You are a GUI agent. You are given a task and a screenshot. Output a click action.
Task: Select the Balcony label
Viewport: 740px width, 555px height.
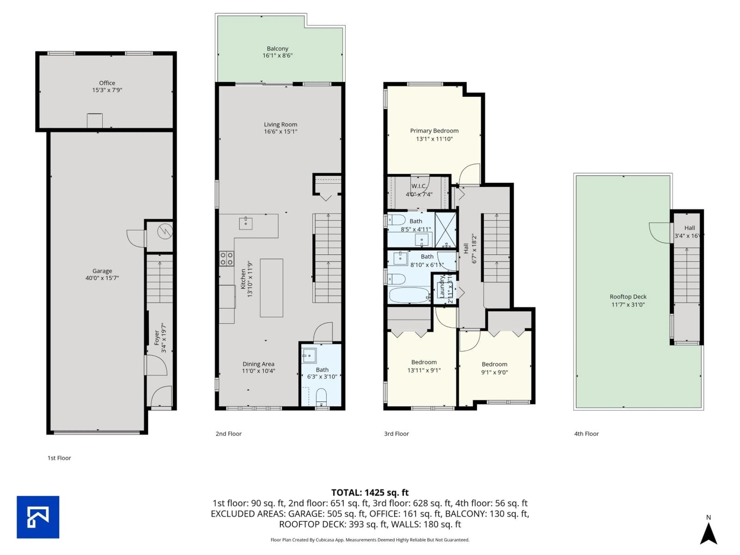(277, 49)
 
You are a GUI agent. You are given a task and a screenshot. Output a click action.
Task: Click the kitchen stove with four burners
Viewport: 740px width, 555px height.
(226, 259)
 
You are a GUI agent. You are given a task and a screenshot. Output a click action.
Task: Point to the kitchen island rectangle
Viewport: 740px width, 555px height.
(271, 288)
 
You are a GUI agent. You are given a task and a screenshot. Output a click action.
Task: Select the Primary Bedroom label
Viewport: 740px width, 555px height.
(434, 131)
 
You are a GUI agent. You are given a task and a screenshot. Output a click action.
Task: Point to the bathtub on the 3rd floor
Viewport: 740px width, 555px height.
(409, 295)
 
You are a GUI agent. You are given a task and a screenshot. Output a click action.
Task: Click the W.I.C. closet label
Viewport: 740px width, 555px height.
(419, 186)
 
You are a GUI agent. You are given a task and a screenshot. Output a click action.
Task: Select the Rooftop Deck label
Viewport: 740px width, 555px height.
(628, 297)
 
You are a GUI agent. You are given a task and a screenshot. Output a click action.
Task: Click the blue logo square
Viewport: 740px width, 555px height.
(38, 517)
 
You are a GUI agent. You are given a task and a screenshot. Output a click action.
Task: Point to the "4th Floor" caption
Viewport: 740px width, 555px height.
(586, 434)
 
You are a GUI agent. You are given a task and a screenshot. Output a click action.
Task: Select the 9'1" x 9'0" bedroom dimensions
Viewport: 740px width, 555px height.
(494, 372)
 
